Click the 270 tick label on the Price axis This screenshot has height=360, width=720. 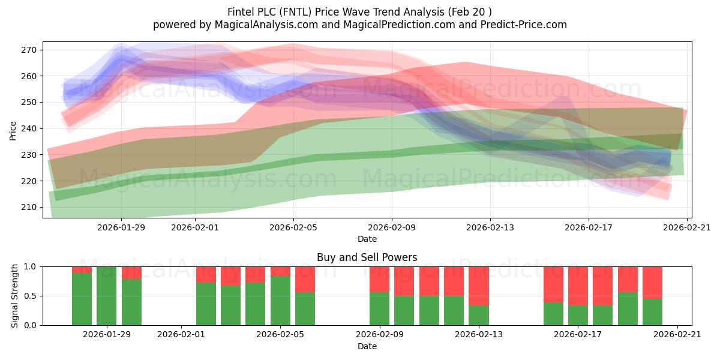pyautogui.click(x=29, y=50)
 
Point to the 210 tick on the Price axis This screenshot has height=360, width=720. pyautogui.click(x=29, y=208)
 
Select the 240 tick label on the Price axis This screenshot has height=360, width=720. pyautogui.click(x=29, y=128)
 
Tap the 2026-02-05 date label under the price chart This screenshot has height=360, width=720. pyautogui.click(x=293, y=227)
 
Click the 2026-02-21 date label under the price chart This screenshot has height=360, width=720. pyautogui.click(x=687, y=227)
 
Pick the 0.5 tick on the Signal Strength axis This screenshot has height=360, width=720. pyautogui.click(x=30, y=296)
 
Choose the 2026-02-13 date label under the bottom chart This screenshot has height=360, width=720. pyautogui.click(x=479, y=334)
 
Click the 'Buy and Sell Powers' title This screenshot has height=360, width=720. pyautogui.click(x=367, y=257)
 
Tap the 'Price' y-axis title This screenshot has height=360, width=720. pyautogui.click(x=13, y=131)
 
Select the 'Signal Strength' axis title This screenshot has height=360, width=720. pyautogui.click(x=14, y=296)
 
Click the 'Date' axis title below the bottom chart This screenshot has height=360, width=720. pyautogui.click(x=367, y=346)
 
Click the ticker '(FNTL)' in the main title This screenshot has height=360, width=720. pyautogui.click(x=295, y=12)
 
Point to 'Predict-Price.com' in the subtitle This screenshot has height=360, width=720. pyautogui.click(x=524, y=25)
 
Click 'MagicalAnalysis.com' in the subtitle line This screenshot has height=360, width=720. pyautogui.click(x=266, y=25)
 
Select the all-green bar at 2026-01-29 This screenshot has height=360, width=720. pyautogui.click(x=106, y=296)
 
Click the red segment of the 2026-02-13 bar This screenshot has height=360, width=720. pyautogui.click(x=479, y=286)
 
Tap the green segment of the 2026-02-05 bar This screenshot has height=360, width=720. pyautogui.click(x=280, y=301)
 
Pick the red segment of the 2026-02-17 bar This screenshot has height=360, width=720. pyautogui.click(x=578, y=286)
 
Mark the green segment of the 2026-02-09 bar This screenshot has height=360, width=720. pyautogui.click(x=379, y=309)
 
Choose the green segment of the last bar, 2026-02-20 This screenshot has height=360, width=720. pyautogui.click(x=653, y=312)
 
